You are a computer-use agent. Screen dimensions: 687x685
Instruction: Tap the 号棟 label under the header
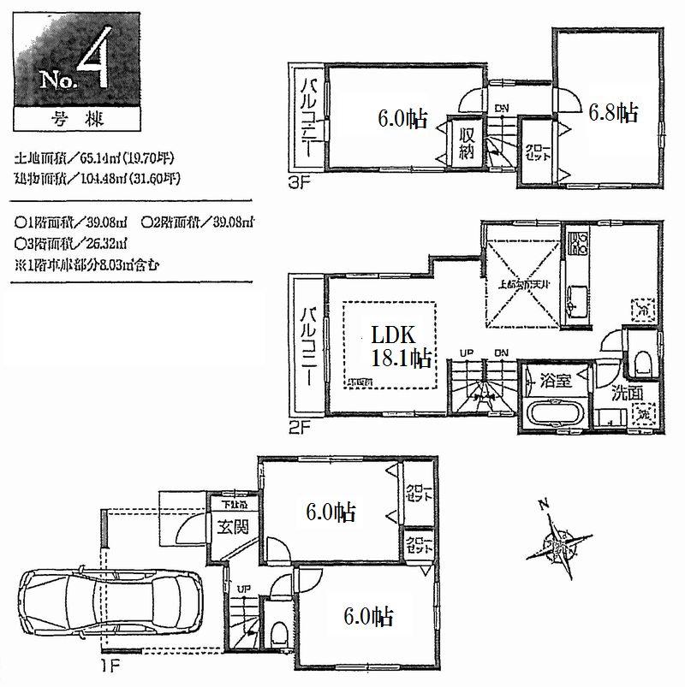click(64, 118)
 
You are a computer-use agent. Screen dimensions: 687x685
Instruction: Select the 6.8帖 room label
click(612, 112)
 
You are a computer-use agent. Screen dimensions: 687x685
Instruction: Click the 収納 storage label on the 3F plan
click(466, 141)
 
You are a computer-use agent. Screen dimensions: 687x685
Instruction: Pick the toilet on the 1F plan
click(277, 631)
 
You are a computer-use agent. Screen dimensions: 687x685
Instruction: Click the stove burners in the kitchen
click(575, 244)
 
